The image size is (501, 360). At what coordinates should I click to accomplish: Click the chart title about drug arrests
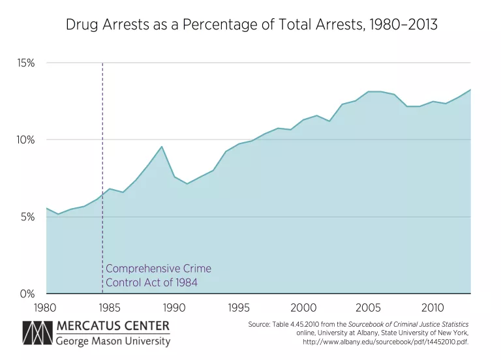pos(251,25)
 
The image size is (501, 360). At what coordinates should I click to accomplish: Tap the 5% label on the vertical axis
pos(28,217)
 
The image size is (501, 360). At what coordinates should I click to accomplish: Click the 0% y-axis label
pos(28,294)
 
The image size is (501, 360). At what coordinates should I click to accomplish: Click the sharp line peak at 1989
pos(162,147)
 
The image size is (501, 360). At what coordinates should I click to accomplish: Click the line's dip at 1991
pos(187,184)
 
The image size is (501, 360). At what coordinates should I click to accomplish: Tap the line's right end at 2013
pos(470,90)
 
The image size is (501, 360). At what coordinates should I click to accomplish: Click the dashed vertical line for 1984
pos(103,163)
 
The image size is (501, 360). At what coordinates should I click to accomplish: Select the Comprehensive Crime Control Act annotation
pos(159,276)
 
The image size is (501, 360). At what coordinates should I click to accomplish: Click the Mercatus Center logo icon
pos(37,333)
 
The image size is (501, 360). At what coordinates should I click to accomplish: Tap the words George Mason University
pos(112,341)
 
